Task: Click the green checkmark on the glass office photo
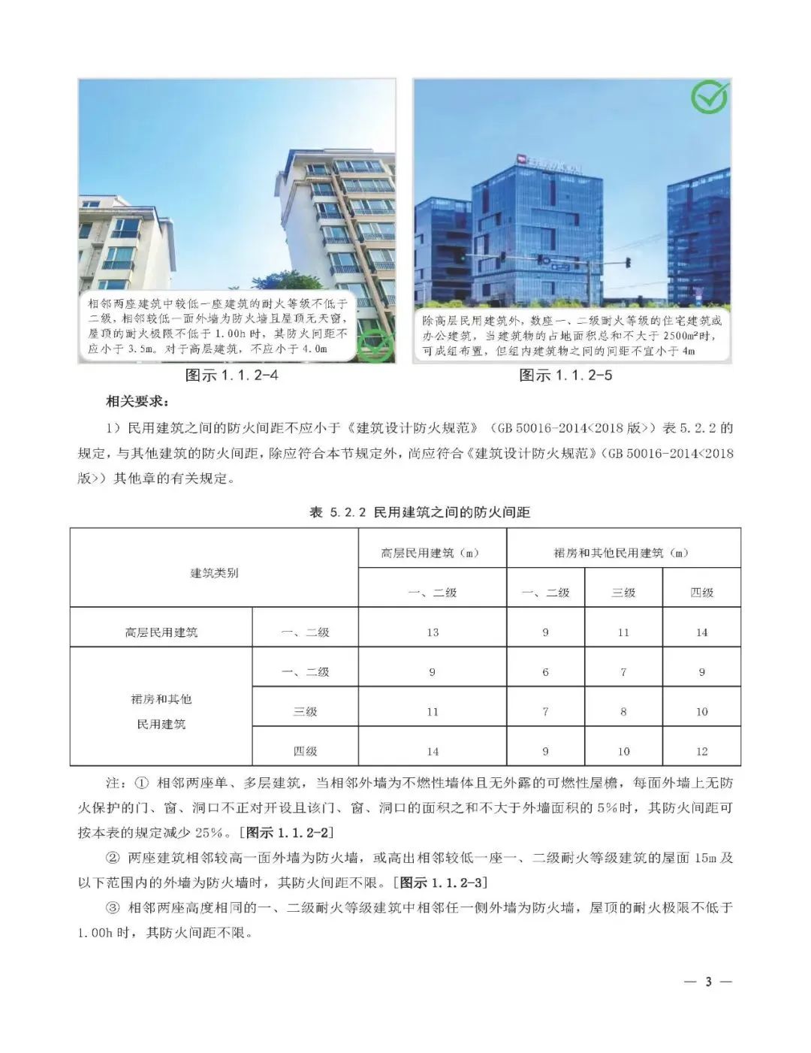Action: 710,97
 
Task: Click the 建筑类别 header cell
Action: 214,573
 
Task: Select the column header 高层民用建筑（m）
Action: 432,554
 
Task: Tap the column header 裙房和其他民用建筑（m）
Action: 623,554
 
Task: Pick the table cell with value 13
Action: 433,632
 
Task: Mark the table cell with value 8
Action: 623,712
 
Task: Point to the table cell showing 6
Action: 545,672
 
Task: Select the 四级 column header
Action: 701,593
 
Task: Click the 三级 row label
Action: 305,712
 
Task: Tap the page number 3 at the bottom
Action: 707,982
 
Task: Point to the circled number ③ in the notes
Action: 113,908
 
